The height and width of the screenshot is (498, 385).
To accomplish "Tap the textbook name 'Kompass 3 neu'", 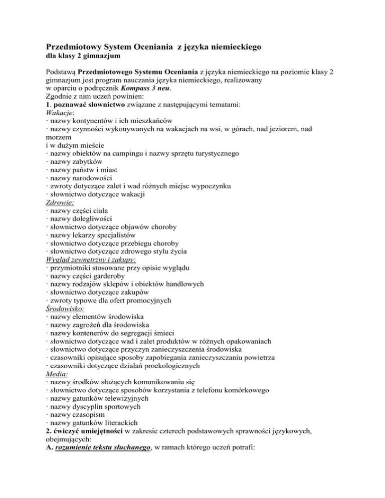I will click(x=147, y=90).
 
